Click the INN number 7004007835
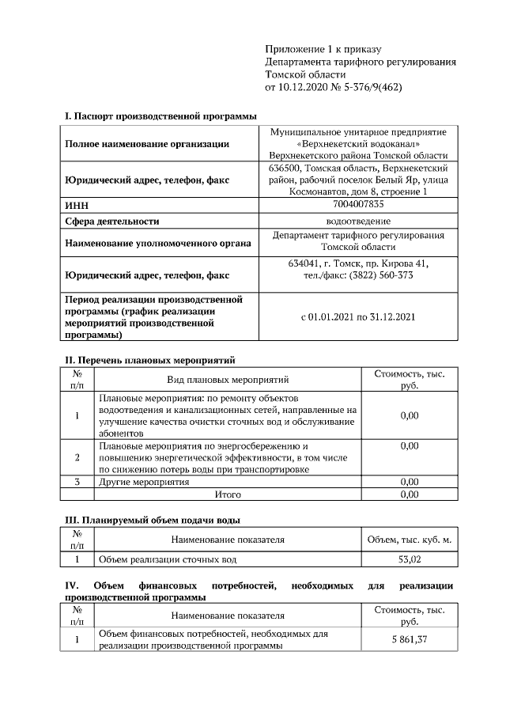[x=358, y=204]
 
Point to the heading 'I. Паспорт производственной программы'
[x=160, y=116]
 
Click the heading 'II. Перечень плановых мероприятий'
[x=149, y=360]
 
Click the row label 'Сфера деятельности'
[x=111, y=222]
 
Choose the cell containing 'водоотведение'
[x=358, y=222]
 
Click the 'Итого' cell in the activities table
[x=228, y=494]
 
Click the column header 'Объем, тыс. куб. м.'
[x=409, y=540]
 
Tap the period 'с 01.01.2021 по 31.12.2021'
[x=358, y=316]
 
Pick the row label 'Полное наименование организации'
[x=147, y=144]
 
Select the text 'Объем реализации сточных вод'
[x=167, y=559]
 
